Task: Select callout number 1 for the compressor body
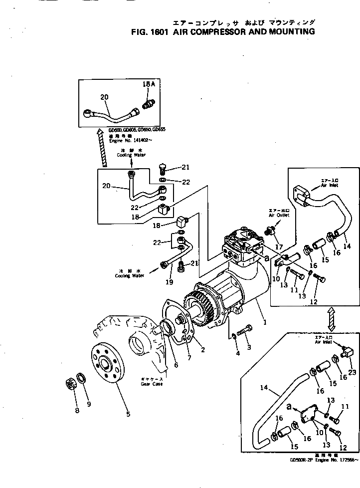[265, 322]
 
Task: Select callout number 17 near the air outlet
[279, 246]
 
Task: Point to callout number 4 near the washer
[238, 353]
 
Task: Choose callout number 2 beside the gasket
[202, 350]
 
